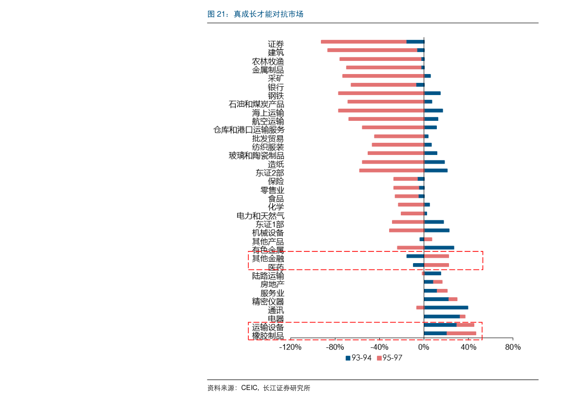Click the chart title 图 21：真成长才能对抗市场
point(255,15)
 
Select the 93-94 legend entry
point(358,358)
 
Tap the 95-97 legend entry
point(389,358)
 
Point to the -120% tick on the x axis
point(290,347)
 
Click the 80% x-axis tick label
point(513,347)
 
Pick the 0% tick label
point(424,347)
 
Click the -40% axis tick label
point(379,347)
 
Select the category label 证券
point(276,44)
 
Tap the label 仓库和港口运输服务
point(249,130)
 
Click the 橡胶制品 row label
point(268,336)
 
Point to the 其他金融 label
point(268,258)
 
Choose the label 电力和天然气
point(261,215)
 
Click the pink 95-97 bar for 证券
point(364,41)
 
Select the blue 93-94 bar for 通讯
point(446,307)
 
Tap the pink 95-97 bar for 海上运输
point(381,111)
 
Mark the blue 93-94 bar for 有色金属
point(439,248)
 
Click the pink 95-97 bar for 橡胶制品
point(461,333)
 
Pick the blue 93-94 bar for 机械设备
point(437,230)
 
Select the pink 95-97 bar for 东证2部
point(392,171)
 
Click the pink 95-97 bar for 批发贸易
point(399,136)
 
